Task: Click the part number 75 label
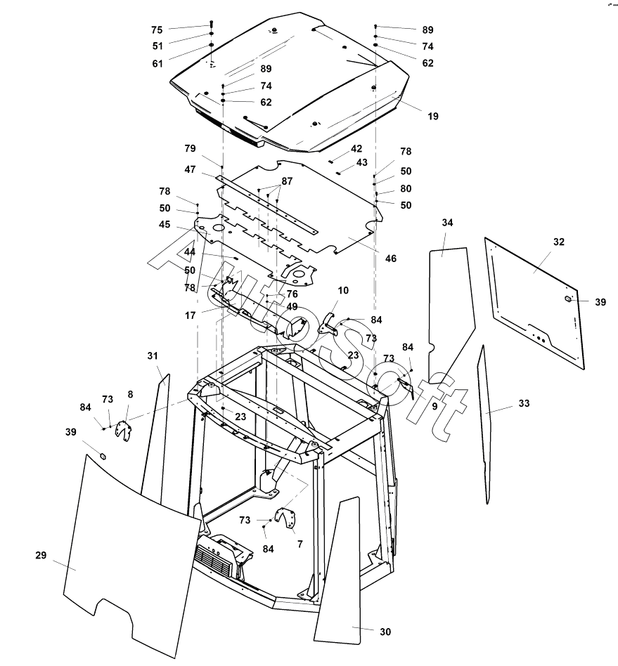click(157, 30)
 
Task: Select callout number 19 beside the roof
click(432, 116)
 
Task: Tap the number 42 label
click(356, 148)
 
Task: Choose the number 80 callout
click(406, 188)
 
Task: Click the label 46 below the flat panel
click(390, 259)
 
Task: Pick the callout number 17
click(191, 315)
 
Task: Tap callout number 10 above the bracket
click(343, 289)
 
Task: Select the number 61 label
click(157, 63)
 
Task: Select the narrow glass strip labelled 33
click(484, 422)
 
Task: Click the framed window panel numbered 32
click(534, 302)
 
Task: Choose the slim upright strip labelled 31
click(155, 436)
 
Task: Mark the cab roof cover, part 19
click(295, 77)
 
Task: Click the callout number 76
click(292, 294)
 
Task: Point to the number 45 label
click(165, 225)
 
